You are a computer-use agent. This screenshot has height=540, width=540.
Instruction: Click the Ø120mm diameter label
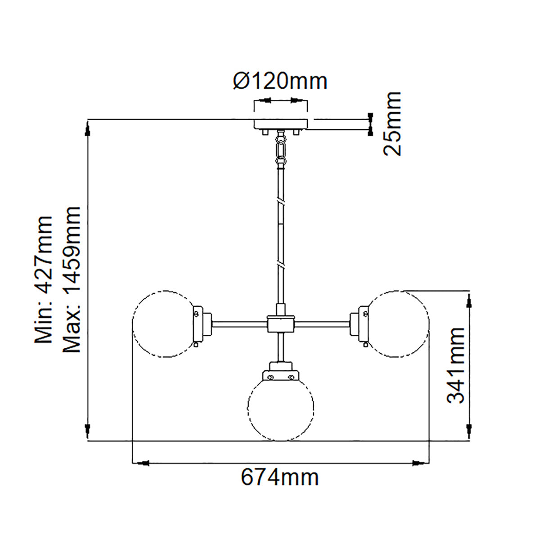click(280, 81)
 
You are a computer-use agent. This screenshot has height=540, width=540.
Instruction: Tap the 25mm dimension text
click(392, 123)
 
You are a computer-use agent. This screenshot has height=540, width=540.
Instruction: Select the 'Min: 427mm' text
click(45, 279)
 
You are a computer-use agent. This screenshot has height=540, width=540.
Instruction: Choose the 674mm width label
click(280, 477)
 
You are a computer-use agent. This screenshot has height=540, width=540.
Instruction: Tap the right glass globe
click(398, 324)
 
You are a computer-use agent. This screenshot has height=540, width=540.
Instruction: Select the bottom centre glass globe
click(281, 407)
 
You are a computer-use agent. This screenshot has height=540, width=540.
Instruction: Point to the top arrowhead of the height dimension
click(88, 130)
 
